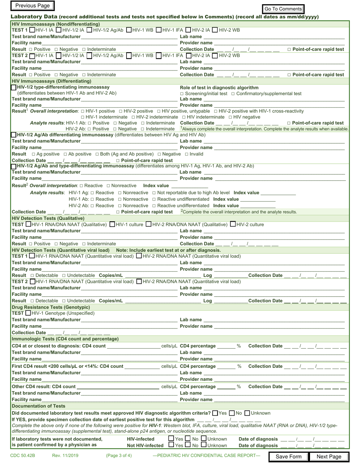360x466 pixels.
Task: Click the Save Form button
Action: pos(288,457)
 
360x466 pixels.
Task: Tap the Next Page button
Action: pos(329,457)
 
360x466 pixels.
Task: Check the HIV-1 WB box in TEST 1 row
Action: pos(129,30)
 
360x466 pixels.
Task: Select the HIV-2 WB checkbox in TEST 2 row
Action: pos(215,56)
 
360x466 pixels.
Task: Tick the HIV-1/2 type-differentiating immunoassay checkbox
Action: pos(14,87)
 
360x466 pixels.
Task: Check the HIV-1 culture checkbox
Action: pos(112,224)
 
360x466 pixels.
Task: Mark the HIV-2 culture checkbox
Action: pos(233,224)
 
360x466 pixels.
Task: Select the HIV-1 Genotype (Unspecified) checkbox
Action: pos(28,313)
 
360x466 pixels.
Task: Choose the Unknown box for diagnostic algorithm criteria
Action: pos(247,413)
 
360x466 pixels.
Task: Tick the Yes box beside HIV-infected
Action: pos(171,439)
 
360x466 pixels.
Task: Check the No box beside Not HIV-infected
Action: pos(188,445)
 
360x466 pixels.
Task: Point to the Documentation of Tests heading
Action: pos(39,406)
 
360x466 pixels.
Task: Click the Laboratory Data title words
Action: pos(34,17)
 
